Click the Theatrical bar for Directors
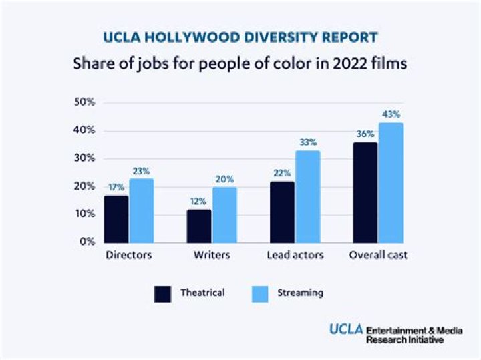116,219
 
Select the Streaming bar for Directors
142,210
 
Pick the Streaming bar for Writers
224,214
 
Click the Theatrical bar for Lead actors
282,212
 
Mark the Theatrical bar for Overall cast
365,192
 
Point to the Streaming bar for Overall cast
391,182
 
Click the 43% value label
391,114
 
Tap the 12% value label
198,202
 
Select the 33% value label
308,142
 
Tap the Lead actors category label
295,256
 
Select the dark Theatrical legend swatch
163,294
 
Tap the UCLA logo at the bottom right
346,329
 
